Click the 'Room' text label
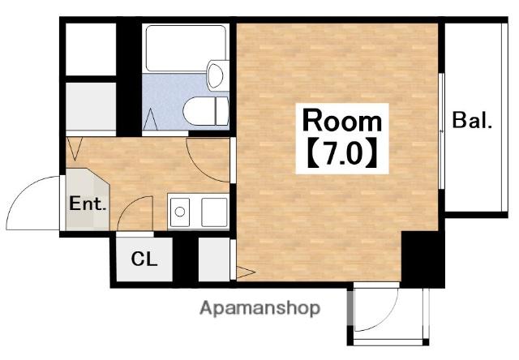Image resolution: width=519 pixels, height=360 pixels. (342, 122)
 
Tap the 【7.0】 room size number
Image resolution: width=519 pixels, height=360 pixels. (342, 153)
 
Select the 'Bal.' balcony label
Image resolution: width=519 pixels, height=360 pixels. (472, 120)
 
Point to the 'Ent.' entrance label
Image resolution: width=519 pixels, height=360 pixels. (88, 204)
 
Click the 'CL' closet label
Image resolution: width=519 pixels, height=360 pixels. (144, 259)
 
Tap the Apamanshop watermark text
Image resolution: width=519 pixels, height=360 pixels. (260, 309)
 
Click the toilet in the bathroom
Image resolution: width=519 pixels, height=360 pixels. (205, 111)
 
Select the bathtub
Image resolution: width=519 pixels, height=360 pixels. (186, 49)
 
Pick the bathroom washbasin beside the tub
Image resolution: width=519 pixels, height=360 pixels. (218, 75)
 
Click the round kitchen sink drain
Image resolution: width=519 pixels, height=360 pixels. (180, 212)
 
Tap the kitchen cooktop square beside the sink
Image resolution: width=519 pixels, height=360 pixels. (214, 212)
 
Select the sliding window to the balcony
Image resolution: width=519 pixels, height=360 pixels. (441, 131)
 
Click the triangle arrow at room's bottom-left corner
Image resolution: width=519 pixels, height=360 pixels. (245, 272)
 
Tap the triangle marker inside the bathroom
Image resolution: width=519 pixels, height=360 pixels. (150, 119)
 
